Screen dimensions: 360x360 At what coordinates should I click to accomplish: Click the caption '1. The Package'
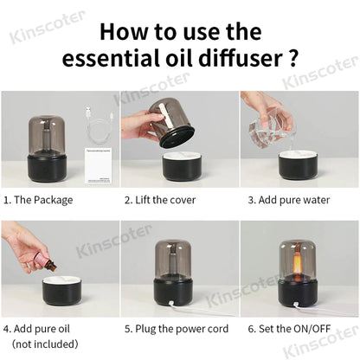(38, 199)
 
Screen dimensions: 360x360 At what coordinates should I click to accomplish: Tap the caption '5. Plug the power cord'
(177, 329)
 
